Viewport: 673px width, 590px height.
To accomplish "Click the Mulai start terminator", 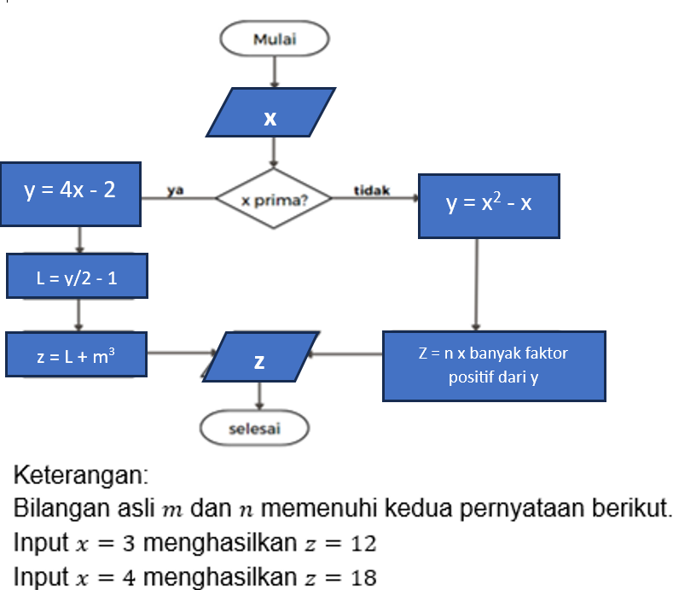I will [x=273, y=38].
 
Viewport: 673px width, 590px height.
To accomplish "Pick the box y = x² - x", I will [x=489, y=205].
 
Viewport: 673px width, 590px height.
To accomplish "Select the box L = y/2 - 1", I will [x=78, y=277].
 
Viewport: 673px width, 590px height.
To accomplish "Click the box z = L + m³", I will [x=76, y=355].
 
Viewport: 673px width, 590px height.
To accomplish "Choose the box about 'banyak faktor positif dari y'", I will [x=493, y=365].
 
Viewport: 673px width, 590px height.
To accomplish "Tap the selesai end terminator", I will [x=254, y=429].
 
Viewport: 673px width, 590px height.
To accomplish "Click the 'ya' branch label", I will [x=177, y=190].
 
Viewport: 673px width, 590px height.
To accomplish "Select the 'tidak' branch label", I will [x=372, y=190].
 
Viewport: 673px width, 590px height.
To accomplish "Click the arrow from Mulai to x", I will [x=273, y=71].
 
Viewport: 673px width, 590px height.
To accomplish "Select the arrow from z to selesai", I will [x=259, y=394].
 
